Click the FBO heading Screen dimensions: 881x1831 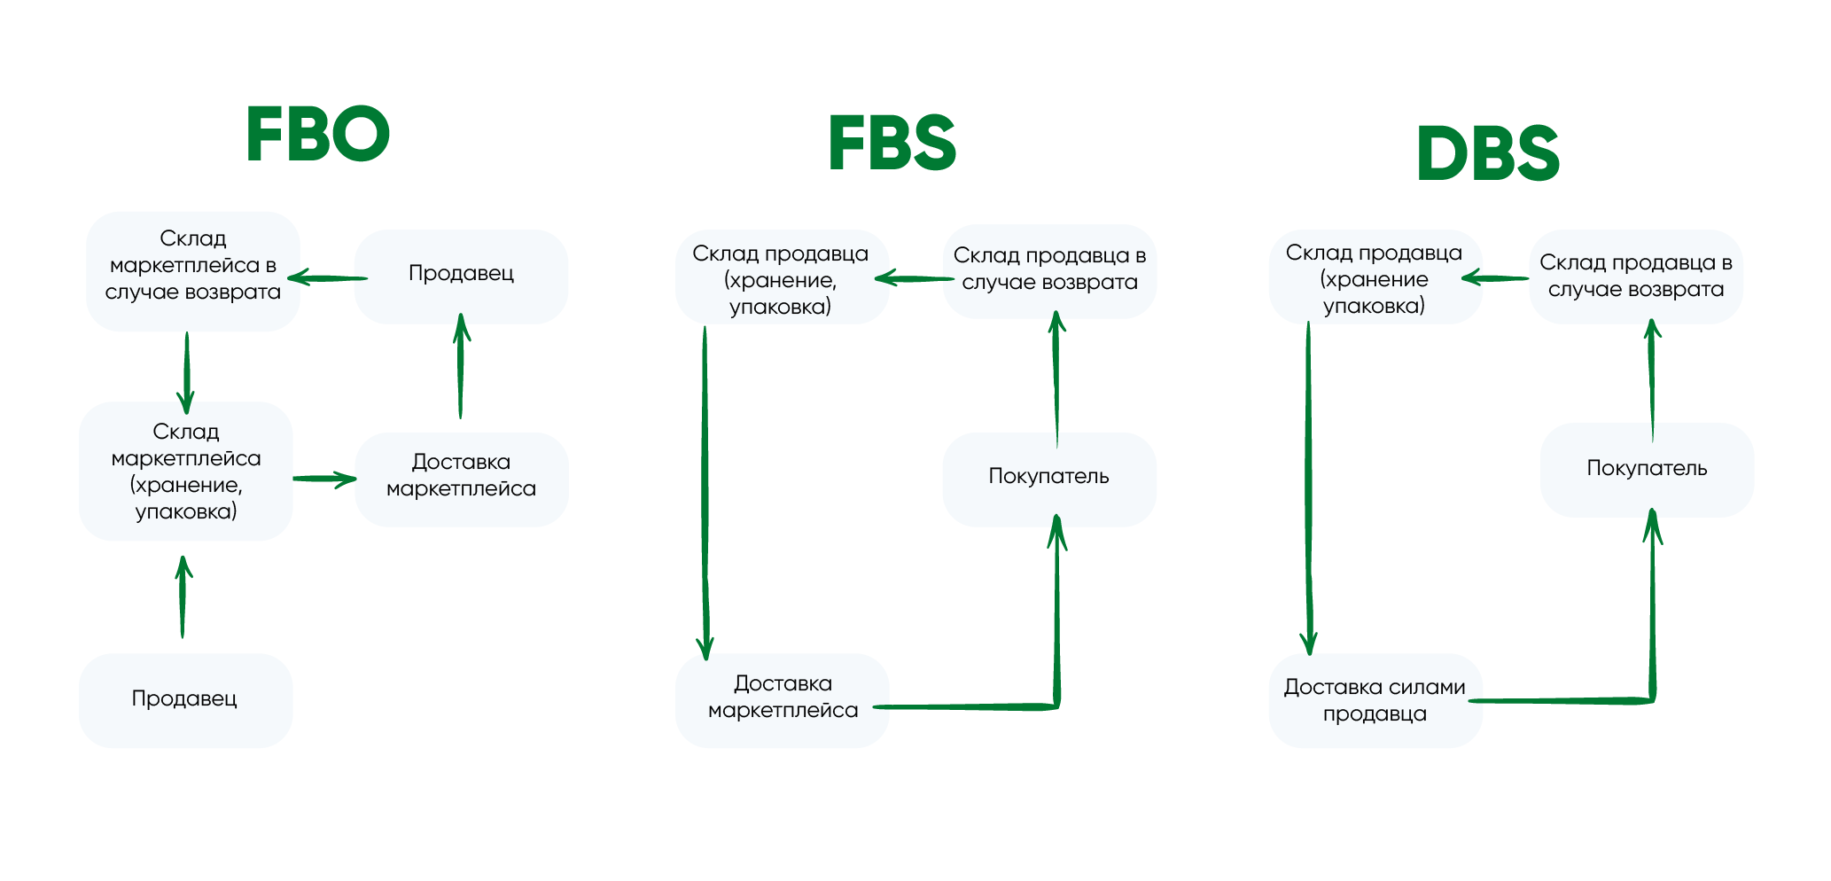[x=318, y=134]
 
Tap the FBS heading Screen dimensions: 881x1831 [x=892, y=143]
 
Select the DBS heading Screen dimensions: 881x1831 [x=1488, y=153]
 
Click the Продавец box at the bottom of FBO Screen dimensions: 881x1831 [x=185, y=699]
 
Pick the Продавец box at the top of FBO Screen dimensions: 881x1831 [x=461, y=275]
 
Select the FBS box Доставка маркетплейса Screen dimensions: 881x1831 [x=783, y=698]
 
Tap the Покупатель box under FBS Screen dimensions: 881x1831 [x=1048, y=478]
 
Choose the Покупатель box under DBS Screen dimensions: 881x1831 [x=1647, y=470]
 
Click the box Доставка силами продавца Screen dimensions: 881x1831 [x=1375, y=700]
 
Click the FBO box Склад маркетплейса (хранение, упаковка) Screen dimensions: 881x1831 [x=186, y=472]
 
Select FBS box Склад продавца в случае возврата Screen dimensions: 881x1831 [x=1049, y=270]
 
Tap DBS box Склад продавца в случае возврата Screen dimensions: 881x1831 [x=1636, y=277]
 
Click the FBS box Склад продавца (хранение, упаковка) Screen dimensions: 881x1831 [x=781, y=278]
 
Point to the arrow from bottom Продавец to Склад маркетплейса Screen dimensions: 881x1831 [x=183, y=597]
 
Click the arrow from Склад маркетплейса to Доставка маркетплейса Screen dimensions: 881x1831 [x=324, y=479]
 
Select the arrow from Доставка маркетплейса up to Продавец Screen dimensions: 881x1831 [x=461, y=365]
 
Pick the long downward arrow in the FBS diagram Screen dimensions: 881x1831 [x=705, y=492]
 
